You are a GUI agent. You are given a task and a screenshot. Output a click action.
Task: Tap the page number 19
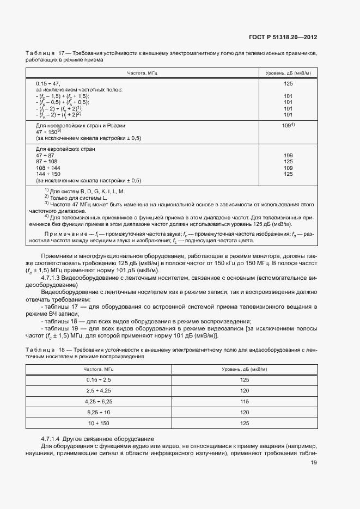click(x=314, y=463)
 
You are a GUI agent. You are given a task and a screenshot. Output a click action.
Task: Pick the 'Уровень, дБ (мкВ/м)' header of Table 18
click(x=244, y=370)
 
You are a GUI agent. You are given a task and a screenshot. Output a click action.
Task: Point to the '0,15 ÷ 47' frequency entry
click(x=47, y=84)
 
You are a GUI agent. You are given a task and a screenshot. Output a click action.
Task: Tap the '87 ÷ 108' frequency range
click(x=46, y=162)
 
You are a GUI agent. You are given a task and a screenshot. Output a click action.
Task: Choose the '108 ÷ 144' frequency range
click(x=48, y=168)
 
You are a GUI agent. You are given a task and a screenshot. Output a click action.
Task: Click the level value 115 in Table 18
click(x=244, y=401)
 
